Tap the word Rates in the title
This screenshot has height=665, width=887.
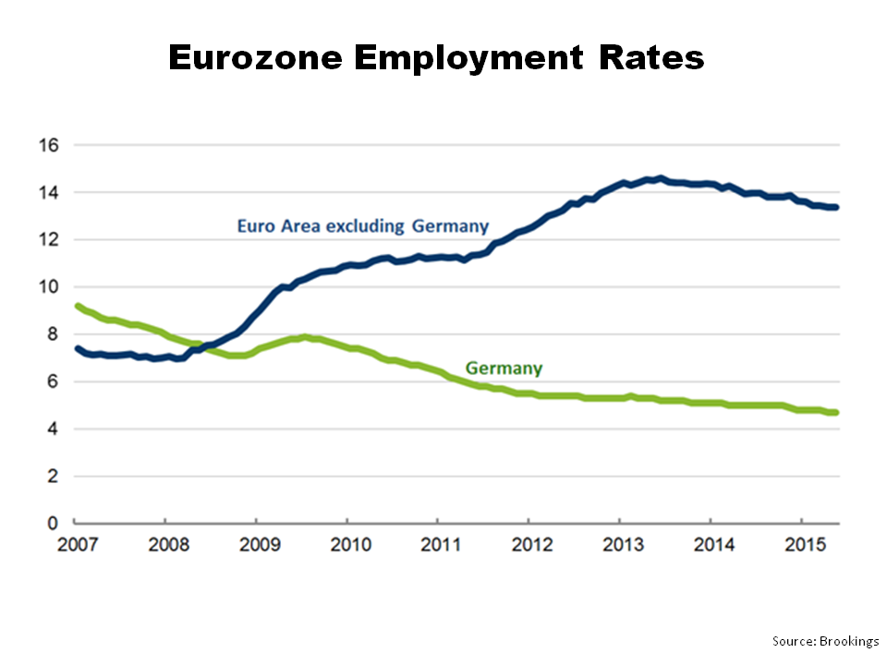point(651,58)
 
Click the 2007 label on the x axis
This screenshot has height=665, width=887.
point(75,544)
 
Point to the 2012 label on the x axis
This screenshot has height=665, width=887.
point(529,544)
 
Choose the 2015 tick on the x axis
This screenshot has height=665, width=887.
point(800,544)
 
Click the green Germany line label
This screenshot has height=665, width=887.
point(504,368)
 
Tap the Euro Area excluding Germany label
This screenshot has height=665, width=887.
point(362,225)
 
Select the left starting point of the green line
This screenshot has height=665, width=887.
point(77,306)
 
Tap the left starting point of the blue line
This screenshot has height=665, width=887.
point(77,348)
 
